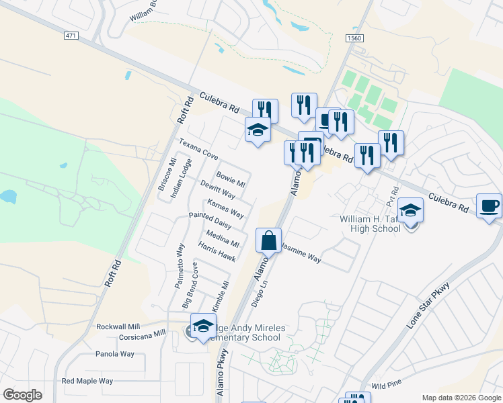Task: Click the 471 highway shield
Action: [71, 35]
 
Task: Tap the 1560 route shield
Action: [354, 39]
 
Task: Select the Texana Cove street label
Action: [198, 149]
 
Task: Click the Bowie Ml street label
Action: [231, 179]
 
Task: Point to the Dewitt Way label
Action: [217, 190]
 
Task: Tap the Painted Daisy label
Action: [210, 220]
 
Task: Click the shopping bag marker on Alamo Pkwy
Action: [268, 240]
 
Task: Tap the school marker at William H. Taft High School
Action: [411, 210]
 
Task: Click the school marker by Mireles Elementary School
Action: [202, 326]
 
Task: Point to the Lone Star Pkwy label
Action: [428, 306]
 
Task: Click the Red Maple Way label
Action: [87, 381]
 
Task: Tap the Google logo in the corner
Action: [22, 395]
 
